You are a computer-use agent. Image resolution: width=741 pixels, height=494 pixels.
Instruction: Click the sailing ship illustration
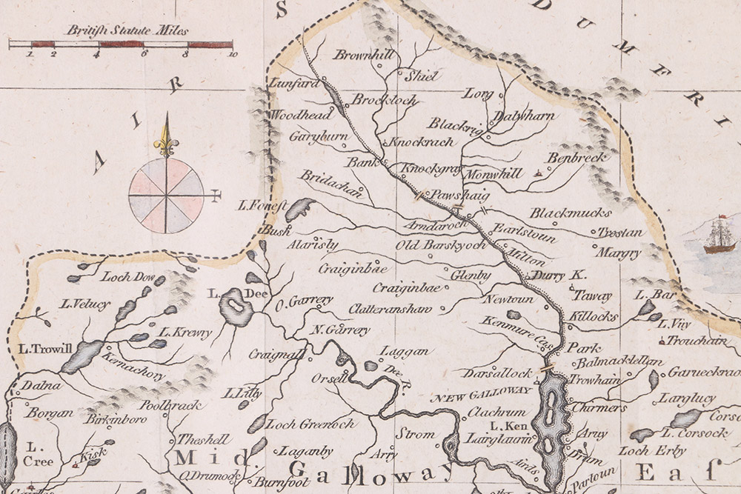[x=718, y=236]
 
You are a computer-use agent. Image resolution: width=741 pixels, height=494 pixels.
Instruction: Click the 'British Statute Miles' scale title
[x=127, y=30]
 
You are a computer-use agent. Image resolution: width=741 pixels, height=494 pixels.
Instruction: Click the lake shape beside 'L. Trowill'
[x=82, y=357]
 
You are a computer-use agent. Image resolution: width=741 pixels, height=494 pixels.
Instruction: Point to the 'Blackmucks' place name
[x=561, y=213]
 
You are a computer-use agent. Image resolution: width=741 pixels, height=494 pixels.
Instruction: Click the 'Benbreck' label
[x=575, y=158]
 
